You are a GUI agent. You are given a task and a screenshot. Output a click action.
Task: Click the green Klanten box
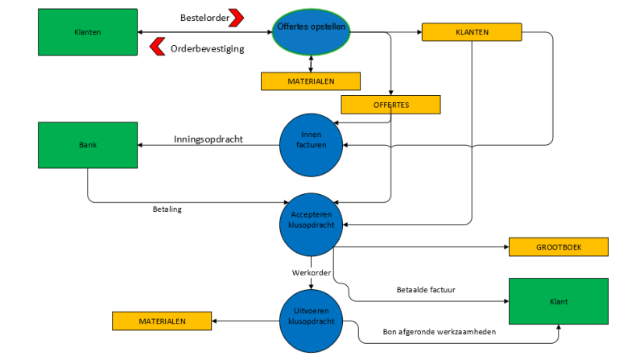(88, 33)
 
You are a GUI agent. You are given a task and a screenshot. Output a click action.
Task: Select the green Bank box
(88, 147)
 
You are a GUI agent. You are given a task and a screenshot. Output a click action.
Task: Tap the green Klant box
(559, 301)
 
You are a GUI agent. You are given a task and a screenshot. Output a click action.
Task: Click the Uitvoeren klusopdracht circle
(311, 321)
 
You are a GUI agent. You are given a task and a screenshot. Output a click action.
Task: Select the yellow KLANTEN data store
(473, 33)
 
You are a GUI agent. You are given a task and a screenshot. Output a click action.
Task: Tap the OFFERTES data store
(391, 105)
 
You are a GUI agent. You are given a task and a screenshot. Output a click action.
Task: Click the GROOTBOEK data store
(557, 246)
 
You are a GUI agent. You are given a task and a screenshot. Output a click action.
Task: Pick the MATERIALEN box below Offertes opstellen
(311, 81)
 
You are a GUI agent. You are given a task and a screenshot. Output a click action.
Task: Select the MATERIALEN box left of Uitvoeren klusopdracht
(162, 321)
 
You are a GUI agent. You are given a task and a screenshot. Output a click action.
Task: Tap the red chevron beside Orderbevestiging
(158, 48)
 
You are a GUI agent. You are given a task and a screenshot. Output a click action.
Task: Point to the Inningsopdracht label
(208, 139)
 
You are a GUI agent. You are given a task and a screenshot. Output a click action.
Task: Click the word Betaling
(167, 209)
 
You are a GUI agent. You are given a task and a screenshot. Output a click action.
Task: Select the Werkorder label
(311, 273)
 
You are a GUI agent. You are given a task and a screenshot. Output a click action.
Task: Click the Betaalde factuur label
(427, 289)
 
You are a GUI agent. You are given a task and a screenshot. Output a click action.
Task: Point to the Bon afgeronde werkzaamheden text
(438, 333)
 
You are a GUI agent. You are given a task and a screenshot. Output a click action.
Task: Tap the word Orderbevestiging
(207, 48)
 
